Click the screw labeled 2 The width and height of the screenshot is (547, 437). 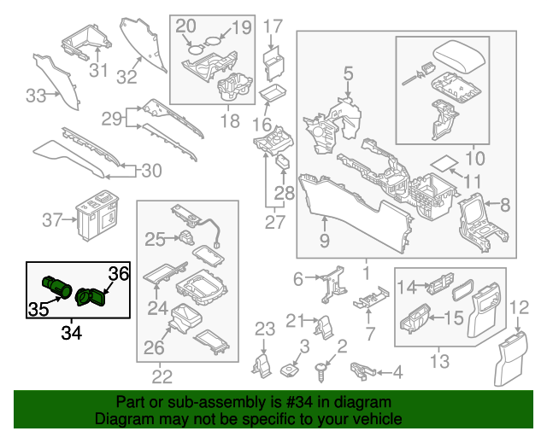tap(322, 370)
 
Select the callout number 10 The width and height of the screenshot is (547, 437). tap(474, 158)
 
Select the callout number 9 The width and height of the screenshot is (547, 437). tap(324, 241)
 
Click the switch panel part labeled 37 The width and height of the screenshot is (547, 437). tap(100, 213)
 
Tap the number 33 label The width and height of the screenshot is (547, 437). tap(35, 96)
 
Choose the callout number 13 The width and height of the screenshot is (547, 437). tap(440, 362)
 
